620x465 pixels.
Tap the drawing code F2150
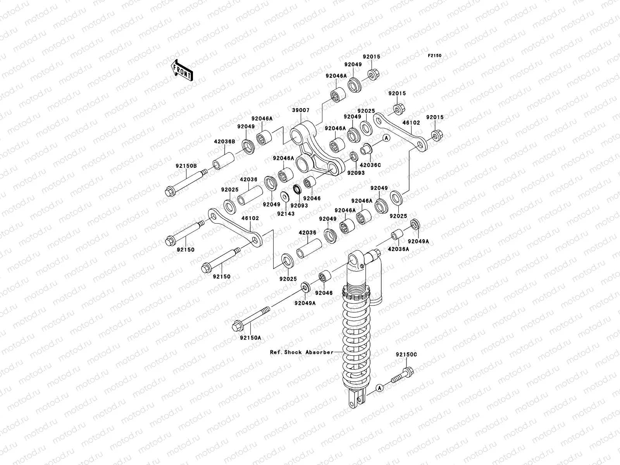pyautogui.click(x=435, y=56)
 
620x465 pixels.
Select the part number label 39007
pyautogui.click(x=301, y=110)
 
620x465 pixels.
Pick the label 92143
pyautogui.click(x=286, y=214)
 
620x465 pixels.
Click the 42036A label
pyautogui.click(x=398, y=250)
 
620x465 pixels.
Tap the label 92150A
pyautogui.click(x=250, y=338)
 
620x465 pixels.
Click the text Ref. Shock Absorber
pyautogui.click(x=302, y=352)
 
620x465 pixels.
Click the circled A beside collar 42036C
pyautogui.click(x=386, y=138)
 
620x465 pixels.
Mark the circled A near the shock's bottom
pyautogui.click(x=380, y=387)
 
